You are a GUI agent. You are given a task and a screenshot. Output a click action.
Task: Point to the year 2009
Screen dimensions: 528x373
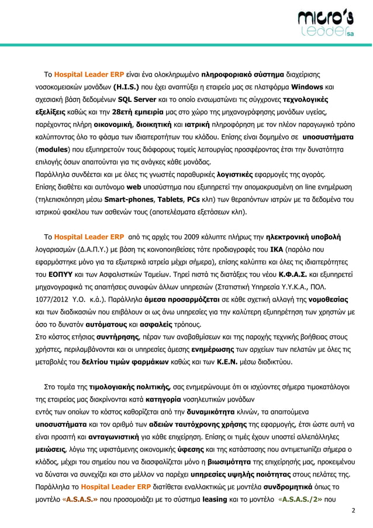tap(191, 237)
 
